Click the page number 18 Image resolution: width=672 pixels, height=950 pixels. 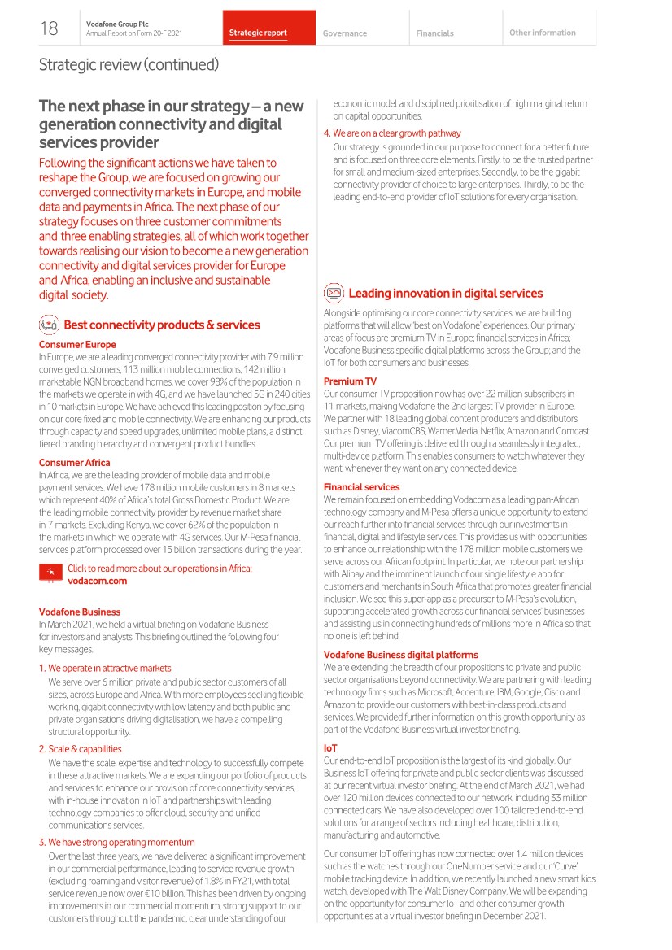pyautogui.click(x=49, y=29)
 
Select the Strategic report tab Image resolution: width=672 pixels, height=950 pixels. pyautogui.click(x=258, y=33)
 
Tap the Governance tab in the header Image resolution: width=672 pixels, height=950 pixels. pyautogui.click(x=344, y=33)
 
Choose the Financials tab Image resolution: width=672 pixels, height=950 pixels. pyautogui.click(x=434, y=33)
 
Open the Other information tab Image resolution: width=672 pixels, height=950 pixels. pyautogui.click(x=542, y=33)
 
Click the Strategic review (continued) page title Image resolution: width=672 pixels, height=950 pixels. pyautogui.click(x=129, y=64)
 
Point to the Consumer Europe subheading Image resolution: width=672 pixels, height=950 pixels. pyautogui.click(x=77, y=345)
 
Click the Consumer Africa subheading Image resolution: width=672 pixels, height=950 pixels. pyautogui.click(x=75, y=463)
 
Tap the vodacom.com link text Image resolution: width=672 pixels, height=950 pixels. pyautogui.click(x=98, y=581)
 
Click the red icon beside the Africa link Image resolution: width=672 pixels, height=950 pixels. pyautogui.click(x=50, y=573)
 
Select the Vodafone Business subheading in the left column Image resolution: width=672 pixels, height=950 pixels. pyautogui.click(x=80, y=612)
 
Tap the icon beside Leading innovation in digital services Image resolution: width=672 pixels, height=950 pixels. pyautogui.click(x=334, y=294)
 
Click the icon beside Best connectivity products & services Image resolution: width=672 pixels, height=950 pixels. pyautogui.click(x=50, y=325)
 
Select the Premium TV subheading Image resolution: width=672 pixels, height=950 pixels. pyautogui.click(x=350, y=381)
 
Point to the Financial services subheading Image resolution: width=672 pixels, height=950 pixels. pyautogui.click(x=361, y=487)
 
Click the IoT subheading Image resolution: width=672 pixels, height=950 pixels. pyautogui.click(x=330, y=747)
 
